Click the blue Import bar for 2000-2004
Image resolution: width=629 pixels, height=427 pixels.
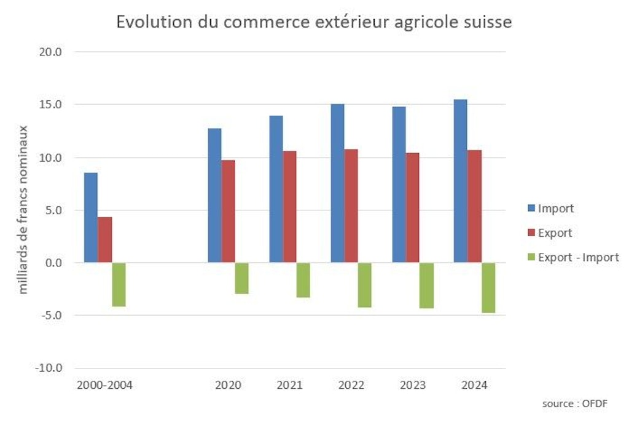90,218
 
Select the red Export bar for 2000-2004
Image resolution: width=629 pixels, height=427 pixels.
104,240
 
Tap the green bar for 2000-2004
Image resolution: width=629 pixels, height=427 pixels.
119,284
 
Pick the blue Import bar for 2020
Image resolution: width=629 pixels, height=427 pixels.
214,196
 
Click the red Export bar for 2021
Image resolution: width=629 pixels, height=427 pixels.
289,207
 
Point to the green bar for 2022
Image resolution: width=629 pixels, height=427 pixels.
365,285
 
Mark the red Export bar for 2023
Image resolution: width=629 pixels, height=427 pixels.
413,208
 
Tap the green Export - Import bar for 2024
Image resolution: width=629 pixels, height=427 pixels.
488,287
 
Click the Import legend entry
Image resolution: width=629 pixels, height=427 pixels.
555,209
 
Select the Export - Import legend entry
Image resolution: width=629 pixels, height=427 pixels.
578,258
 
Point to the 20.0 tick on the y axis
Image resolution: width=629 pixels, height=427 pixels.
52,52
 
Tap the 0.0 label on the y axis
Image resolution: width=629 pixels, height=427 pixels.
54,263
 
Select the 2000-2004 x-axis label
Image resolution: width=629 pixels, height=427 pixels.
104,385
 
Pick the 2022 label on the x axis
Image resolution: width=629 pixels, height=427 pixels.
351,385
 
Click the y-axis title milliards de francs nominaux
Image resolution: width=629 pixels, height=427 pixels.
23,209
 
